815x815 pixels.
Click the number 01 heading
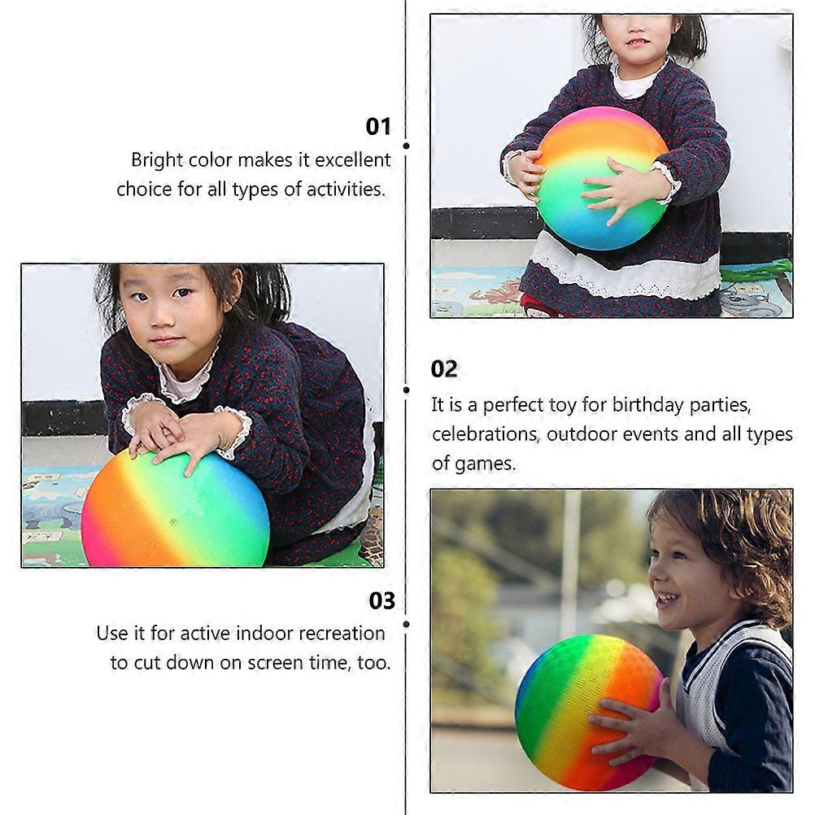tap(378, 127)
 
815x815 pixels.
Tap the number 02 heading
tap(444, 369)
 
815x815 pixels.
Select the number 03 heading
tap(382, 601)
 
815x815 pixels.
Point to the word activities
tap(346, 190)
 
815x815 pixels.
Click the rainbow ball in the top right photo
tap(601, 178)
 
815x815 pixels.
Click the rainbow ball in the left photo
tap(175, 509)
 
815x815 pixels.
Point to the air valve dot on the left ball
tap(173, 521)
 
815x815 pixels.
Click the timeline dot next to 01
tap(406, 146)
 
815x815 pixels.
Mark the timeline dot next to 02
tap(406, 390)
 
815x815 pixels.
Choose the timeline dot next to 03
tap(406, 624)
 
